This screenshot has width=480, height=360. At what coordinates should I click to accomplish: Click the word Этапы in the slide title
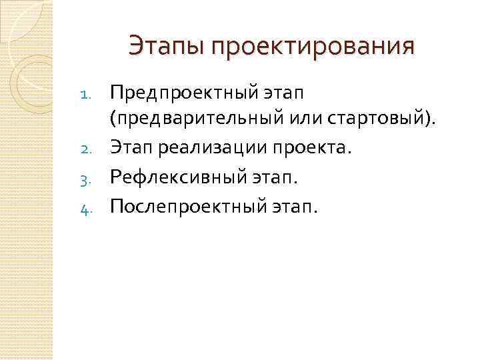pos(165,47)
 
